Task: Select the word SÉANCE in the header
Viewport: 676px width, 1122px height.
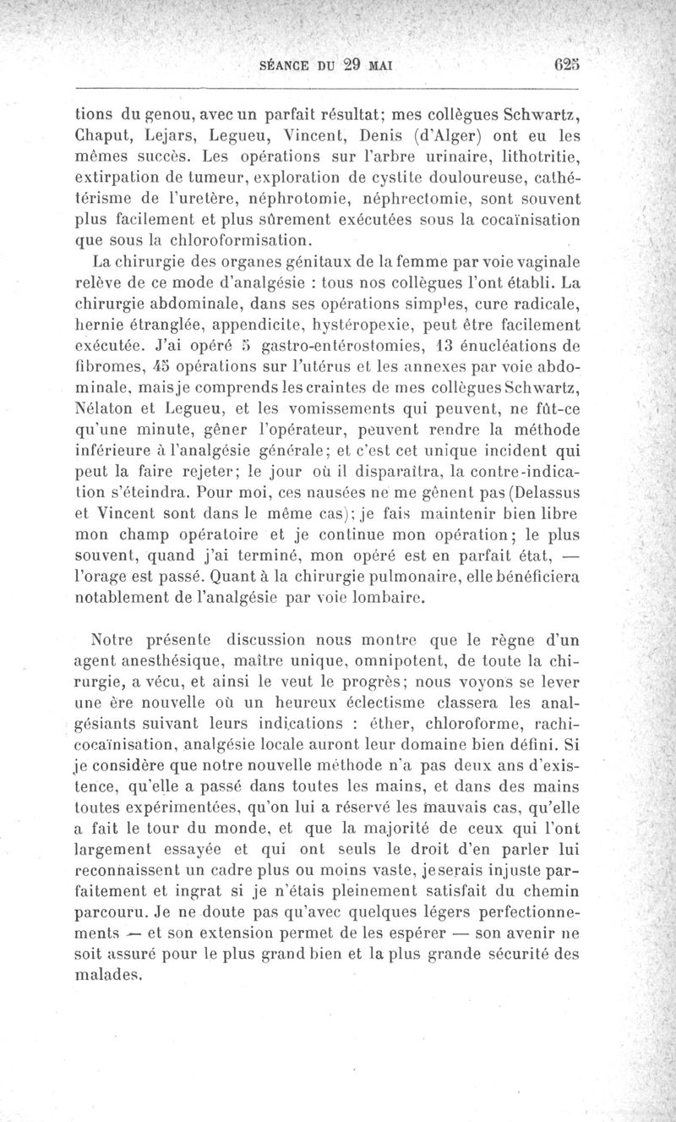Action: click(x=286, y=65)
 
